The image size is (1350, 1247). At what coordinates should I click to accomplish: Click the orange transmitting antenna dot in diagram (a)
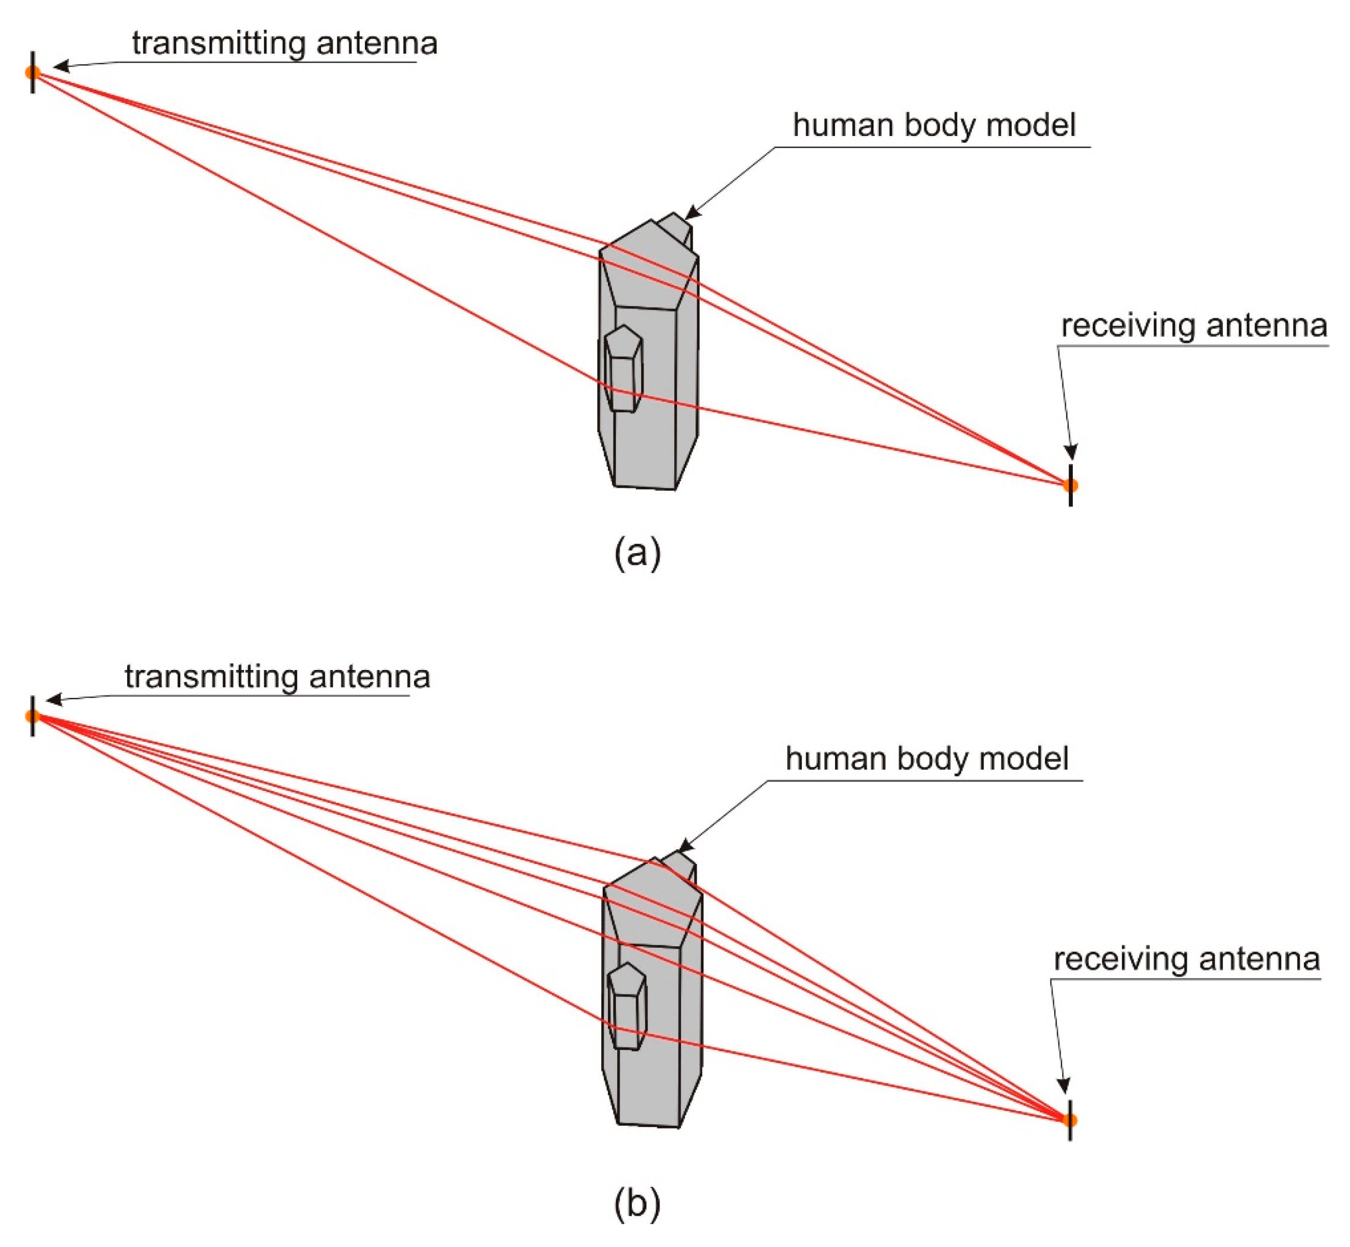32,72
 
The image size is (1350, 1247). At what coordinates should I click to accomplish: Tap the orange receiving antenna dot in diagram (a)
1070,485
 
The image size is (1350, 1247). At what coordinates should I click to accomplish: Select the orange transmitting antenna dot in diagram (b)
32,716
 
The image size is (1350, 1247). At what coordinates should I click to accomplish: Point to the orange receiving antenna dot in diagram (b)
1069,1120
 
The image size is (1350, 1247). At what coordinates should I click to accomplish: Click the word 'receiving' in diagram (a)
1128,326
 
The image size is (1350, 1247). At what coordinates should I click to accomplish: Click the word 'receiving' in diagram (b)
1121,959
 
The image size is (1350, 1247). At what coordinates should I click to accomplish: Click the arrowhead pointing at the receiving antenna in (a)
1070,452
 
